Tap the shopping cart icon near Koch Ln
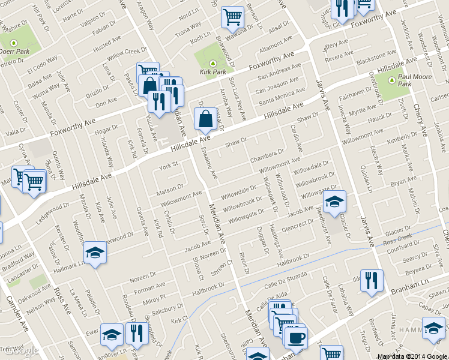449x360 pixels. [x=232, y=17]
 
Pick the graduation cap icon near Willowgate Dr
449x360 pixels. [x=334, y=200]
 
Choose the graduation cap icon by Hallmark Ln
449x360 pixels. [x=95, y=254]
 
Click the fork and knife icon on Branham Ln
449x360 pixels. [x=372, y=280]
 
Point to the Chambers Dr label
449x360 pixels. [x=267, y=157]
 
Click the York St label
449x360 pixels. [x=169, y=164]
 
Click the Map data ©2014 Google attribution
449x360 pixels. [x=412, y=356]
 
